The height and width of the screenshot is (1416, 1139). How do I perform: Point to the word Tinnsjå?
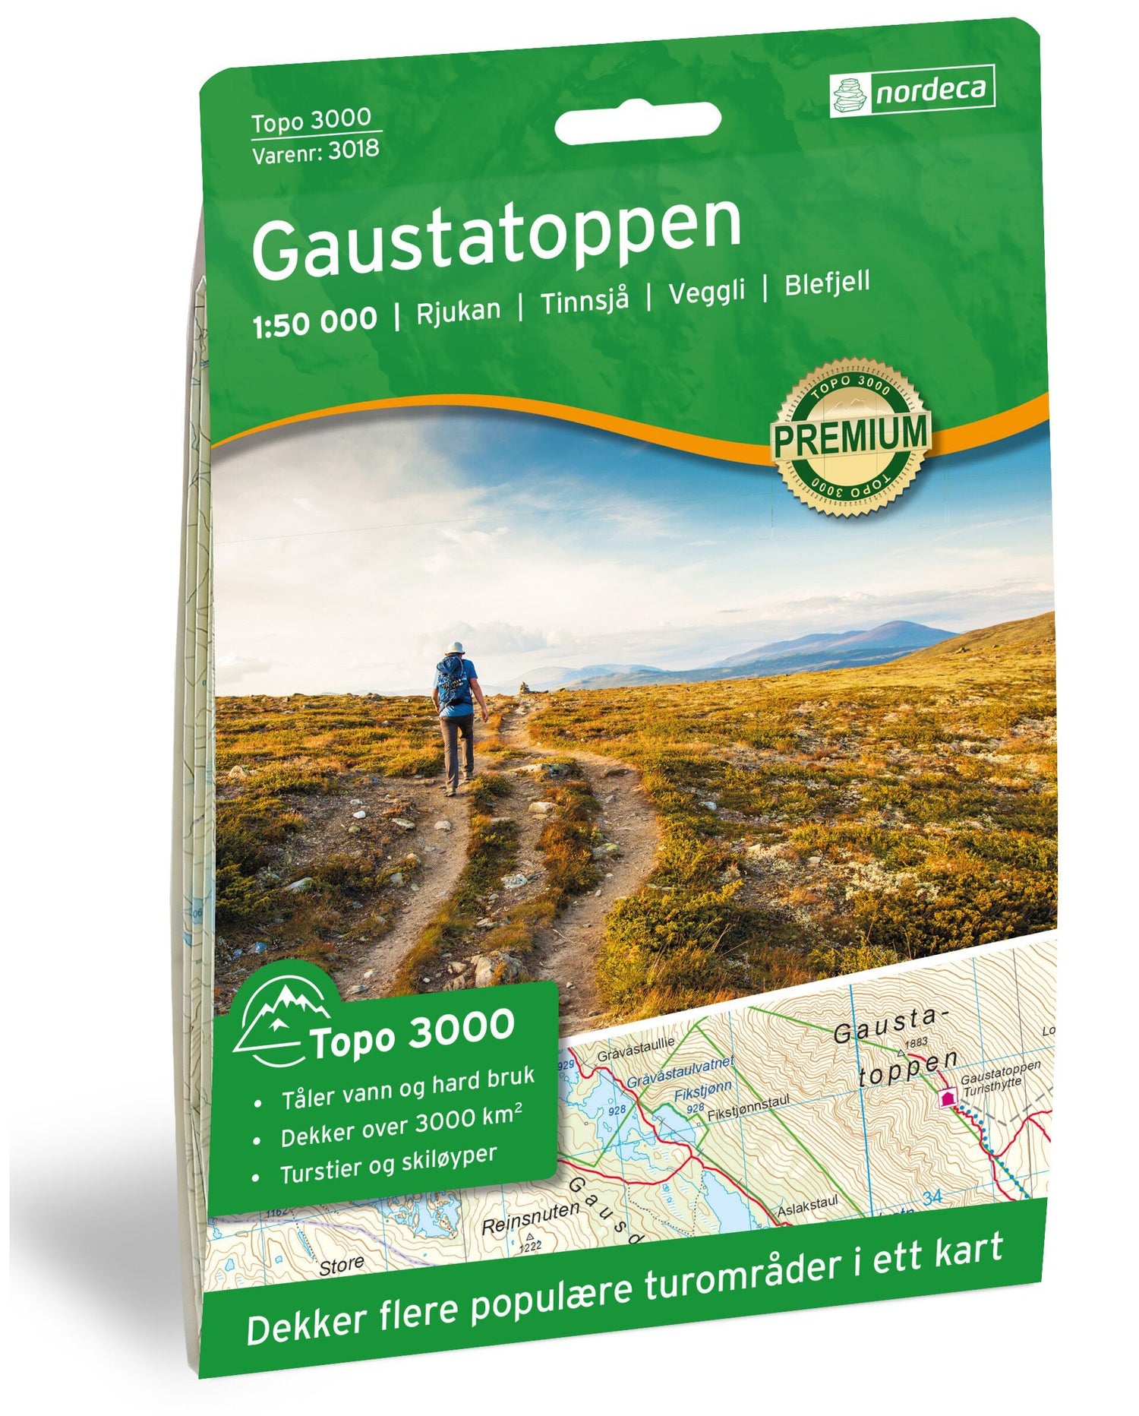pos(585,301)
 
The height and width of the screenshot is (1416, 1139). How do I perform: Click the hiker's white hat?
pos(455,647)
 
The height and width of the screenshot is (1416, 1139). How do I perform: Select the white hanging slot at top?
pos(637,123)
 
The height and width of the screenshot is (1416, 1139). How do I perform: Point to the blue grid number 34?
pos(932,1198)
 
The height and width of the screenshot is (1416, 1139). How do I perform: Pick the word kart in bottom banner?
pos(968,1253)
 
